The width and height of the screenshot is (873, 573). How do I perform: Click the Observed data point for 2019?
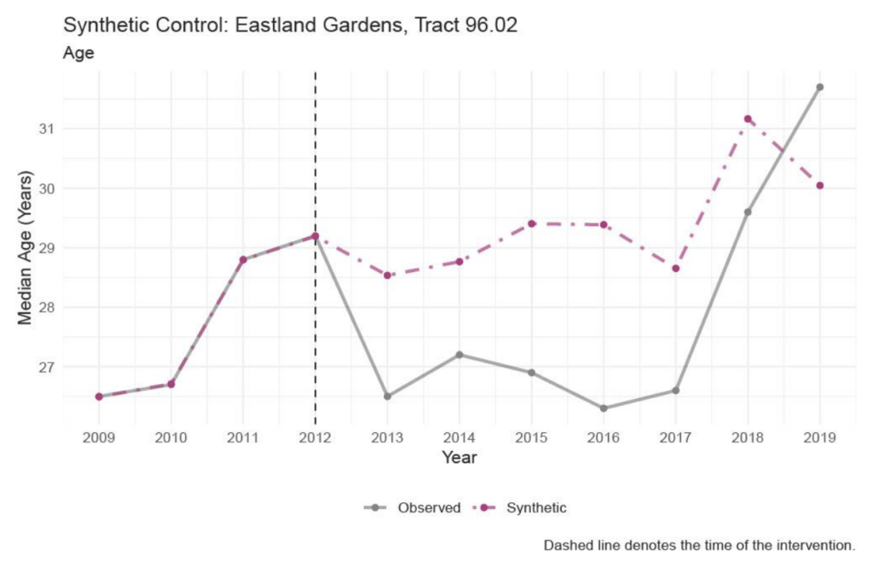pyautogui.click(x=820, y=87)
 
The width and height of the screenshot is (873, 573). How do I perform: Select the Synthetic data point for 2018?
pyautogui.click(x=748, y=119)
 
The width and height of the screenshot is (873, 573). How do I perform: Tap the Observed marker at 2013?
pyautogui.click(x=387, y=396)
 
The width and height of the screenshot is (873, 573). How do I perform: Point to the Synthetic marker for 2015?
pyautogui.click(x=531, y=223)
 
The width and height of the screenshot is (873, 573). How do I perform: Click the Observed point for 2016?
pyautogui.click(x=604, y=408)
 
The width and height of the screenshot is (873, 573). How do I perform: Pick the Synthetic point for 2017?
pyautogui.click(x=675, y=269)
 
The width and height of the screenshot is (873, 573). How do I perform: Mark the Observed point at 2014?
pyautogui.click(x=460, y=355)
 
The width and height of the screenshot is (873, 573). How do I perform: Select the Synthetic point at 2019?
pyautogui.click(x=820, y=186)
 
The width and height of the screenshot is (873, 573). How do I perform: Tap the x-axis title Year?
pyautogui.click(x=460, y=458)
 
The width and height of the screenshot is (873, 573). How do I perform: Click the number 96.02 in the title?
pyautogui.click(x=488, y=26)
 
